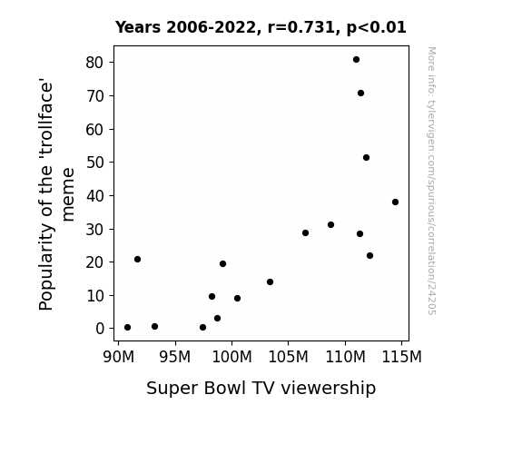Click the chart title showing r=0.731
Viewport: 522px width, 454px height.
[x=261, y=27]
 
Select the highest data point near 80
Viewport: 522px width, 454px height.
[x=356, y=60]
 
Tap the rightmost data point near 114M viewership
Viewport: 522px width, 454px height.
[x=395, y=202]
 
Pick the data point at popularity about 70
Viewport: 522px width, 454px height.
[x=360, y=94]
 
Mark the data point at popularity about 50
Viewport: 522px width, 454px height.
[x=366, y=158]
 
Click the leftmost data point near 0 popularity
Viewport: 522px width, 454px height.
[x=127, y=328]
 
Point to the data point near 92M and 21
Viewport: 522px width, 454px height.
[x=137, y=259]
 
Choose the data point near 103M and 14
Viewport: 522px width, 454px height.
[x=270, y=282]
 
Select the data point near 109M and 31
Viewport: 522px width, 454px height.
[x=331, y=225]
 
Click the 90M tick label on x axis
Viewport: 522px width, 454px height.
[x=119, y=357]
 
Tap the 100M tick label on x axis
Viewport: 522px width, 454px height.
[x=231, y=357]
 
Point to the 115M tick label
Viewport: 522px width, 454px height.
[x=401, y=357]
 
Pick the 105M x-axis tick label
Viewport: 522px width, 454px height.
[x=289, y=357]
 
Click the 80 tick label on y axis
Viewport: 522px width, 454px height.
[x=95, y=63]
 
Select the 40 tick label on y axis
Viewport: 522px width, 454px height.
[x=95, y=196]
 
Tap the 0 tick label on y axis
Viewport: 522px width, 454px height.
[x=100, y=329]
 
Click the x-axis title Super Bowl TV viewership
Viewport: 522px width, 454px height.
[x=261, y=389]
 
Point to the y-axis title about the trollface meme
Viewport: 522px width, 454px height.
[x=57, y=194]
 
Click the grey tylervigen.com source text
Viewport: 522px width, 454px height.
[x=431, y=181]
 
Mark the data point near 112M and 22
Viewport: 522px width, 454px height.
[x=369, y=256]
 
